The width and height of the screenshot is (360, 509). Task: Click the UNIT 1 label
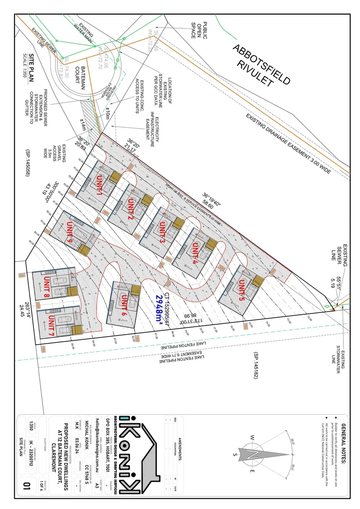99,184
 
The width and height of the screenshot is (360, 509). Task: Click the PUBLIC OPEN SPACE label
199,28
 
